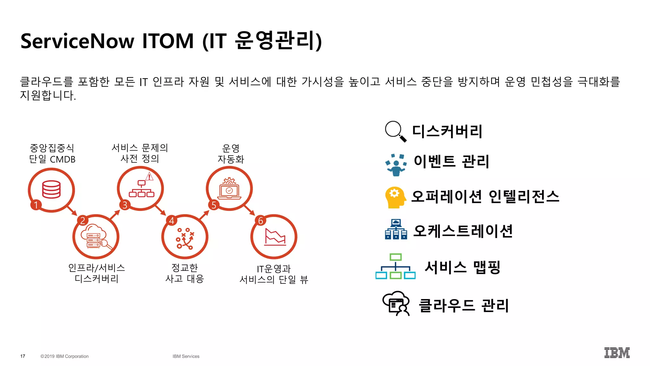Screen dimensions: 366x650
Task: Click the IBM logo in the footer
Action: [617, 353]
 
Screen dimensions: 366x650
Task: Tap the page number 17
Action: [23, 356]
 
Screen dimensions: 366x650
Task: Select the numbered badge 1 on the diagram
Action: [36, 205]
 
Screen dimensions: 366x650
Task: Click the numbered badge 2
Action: [83, 220]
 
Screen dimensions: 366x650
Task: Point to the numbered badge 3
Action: [125, 205]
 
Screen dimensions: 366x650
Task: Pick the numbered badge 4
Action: [172, 220]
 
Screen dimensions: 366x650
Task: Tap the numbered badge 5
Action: [214, 205]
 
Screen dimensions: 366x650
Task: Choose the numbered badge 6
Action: [261, 220]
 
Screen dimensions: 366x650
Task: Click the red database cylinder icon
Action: [51, 189]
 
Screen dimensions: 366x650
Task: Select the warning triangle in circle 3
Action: [149, 176]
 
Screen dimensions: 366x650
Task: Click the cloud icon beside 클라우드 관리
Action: [396, 304]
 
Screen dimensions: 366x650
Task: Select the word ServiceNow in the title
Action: [77, 41]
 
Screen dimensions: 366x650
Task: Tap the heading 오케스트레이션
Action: [463, 231]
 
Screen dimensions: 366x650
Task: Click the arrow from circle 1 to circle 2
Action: [72, 210]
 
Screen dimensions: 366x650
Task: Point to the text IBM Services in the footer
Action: [186, 356]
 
